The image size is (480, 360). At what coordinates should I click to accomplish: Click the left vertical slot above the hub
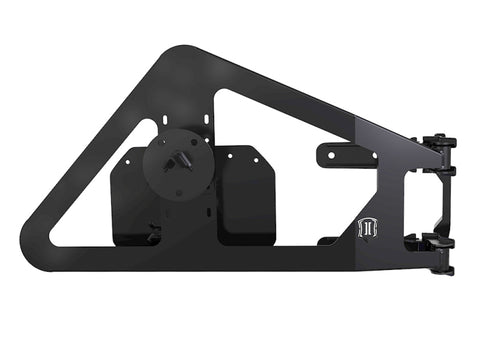[162, 126]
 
